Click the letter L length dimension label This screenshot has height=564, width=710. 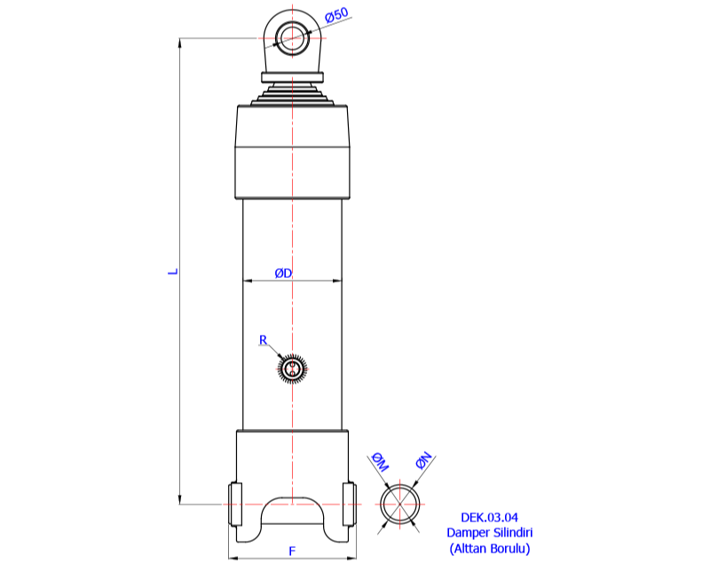tap(174, 270)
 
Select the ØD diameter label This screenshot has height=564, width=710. tap(283, 273)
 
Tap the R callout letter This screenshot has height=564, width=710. tap(263, 340)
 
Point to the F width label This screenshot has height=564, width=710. tap(292, 551)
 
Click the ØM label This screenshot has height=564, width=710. tap(380, 461)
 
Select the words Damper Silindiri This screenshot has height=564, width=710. tap(489, 532)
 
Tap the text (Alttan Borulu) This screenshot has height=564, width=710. tap(489, 548)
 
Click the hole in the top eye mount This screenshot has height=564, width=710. tap(290, 37)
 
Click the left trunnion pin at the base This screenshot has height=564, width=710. tap(235, 504)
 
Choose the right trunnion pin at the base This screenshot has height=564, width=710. tap(349, 504)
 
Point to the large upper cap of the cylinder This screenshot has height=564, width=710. tap(292, 151)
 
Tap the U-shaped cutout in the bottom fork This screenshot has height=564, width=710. tap(292, 515)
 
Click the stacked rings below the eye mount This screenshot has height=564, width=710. tap(292, 93)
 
